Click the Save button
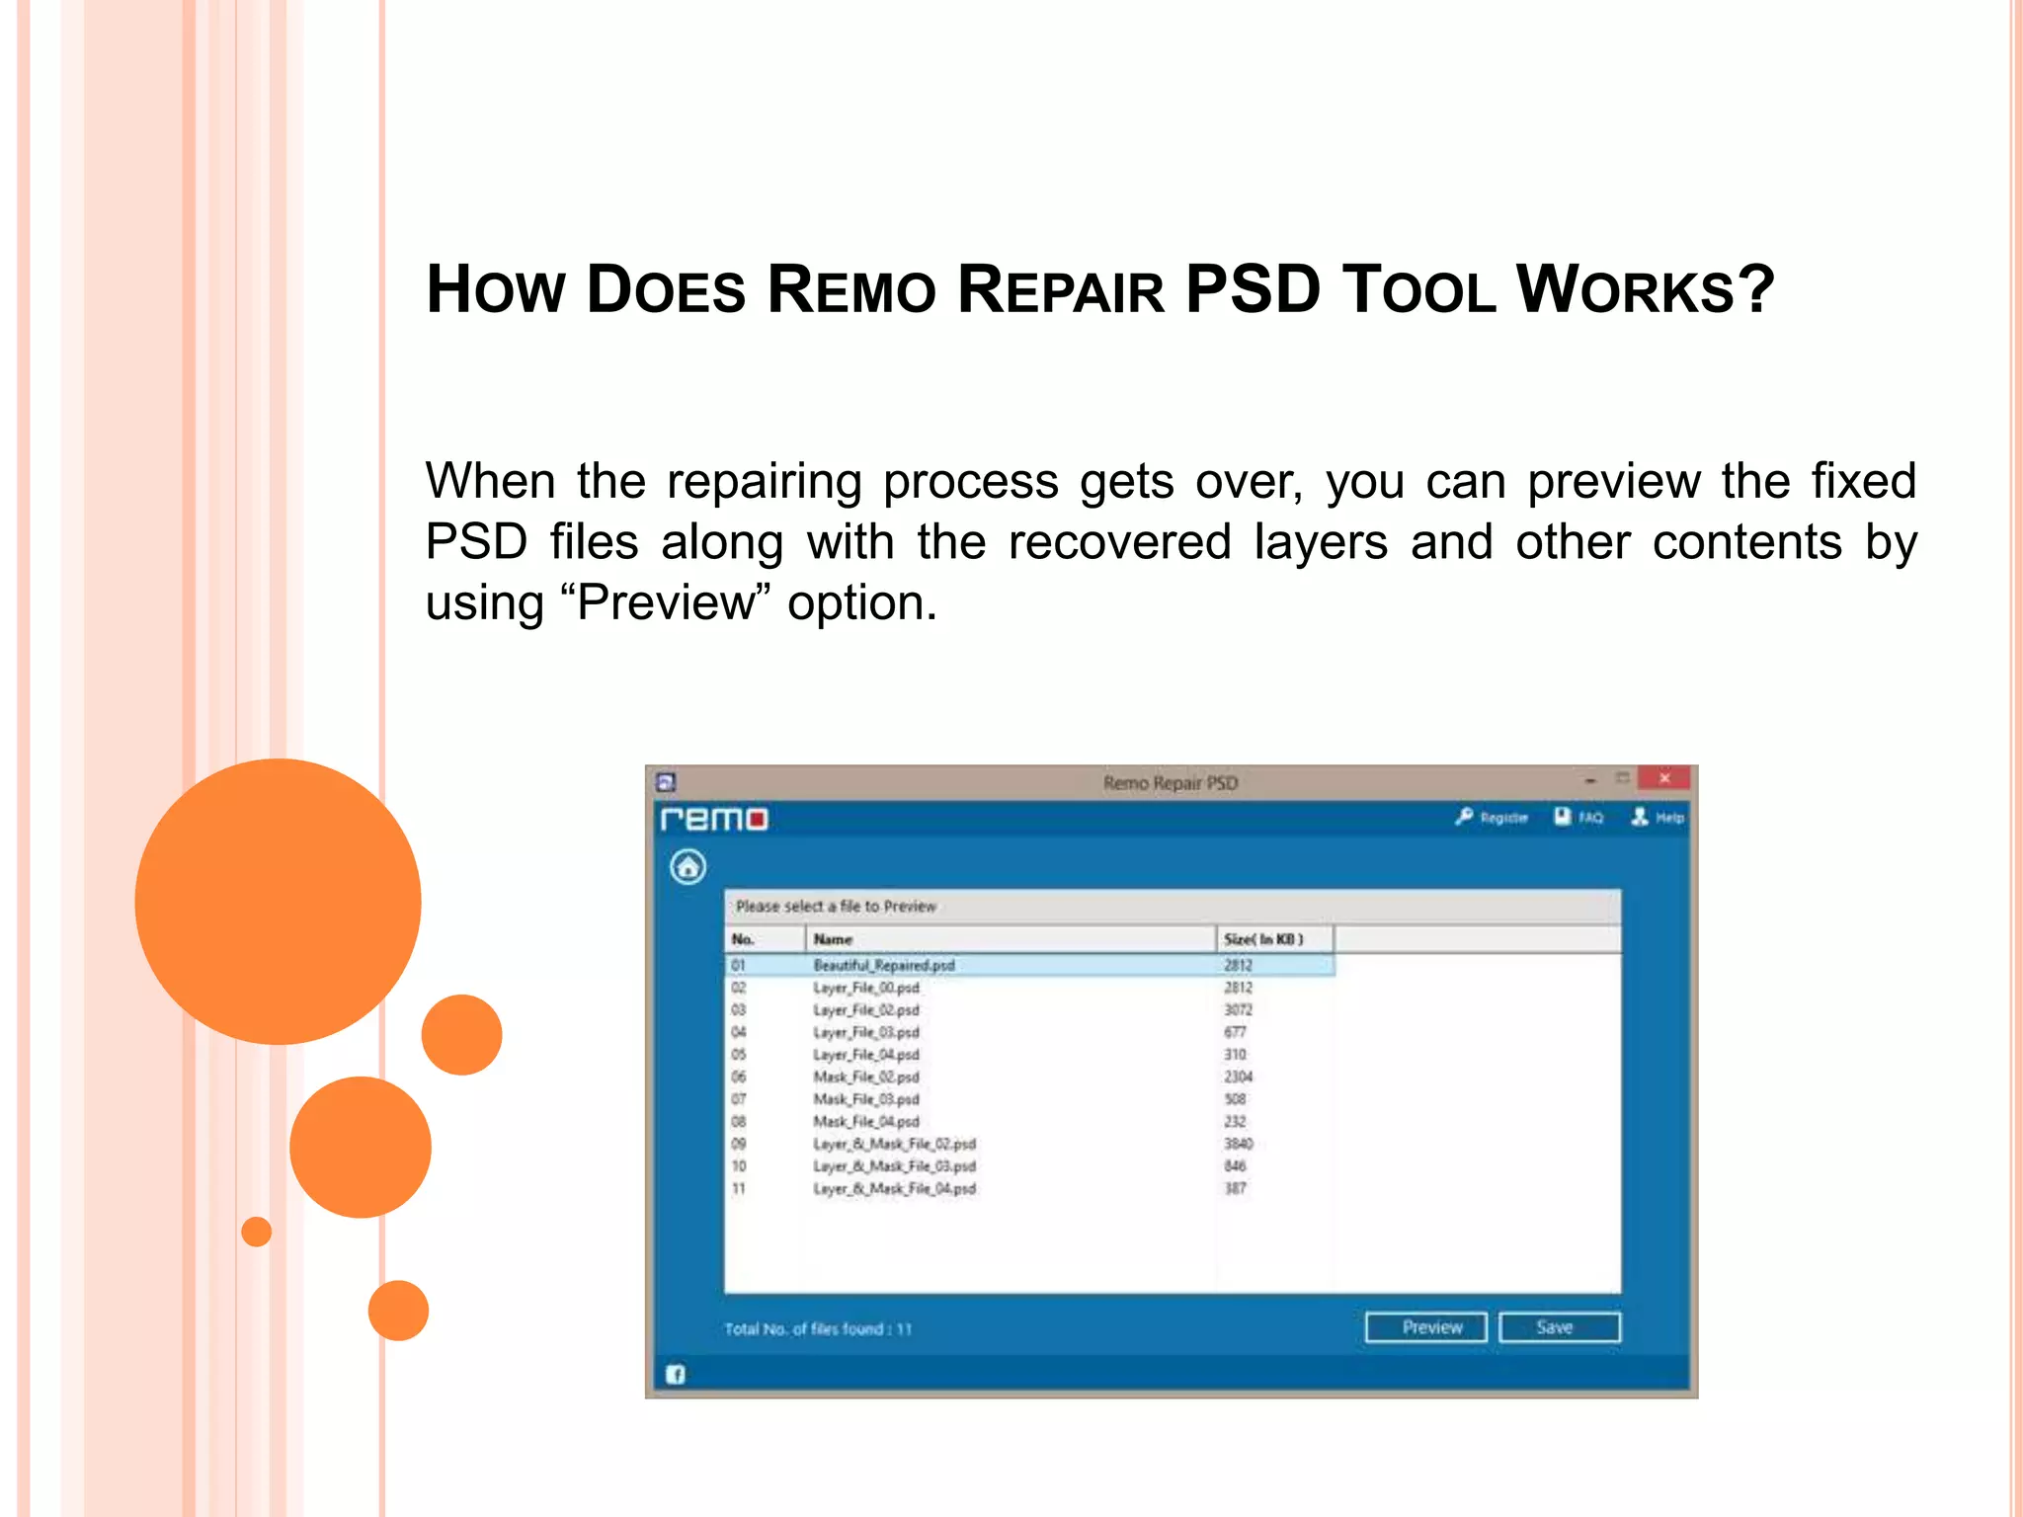click(x=1559, y=1327)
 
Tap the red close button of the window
click(x=1664, y=779)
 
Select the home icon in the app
click(x=688, y=867)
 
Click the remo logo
click(x=713, y=820)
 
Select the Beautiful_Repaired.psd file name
click(x=884, y=965)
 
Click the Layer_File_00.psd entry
click(x=866, y=988)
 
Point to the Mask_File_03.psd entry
click(x=866, y=1099)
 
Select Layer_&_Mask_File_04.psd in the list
click(x=894, y=1188)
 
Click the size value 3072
click(x=1238, y=1010)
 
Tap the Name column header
click(x=833, y=939)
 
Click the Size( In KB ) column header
click(x=1263, y=939)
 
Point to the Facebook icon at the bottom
click(x=676, y=1374)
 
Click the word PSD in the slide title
click(x=1252, y=290)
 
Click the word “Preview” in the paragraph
click(x=666, y=602)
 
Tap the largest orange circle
click(x=278, y=901)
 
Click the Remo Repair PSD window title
click(x=1171, y=783)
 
